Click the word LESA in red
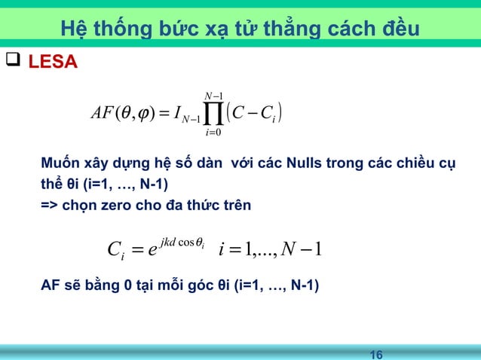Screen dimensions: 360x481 pos(52,61)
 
